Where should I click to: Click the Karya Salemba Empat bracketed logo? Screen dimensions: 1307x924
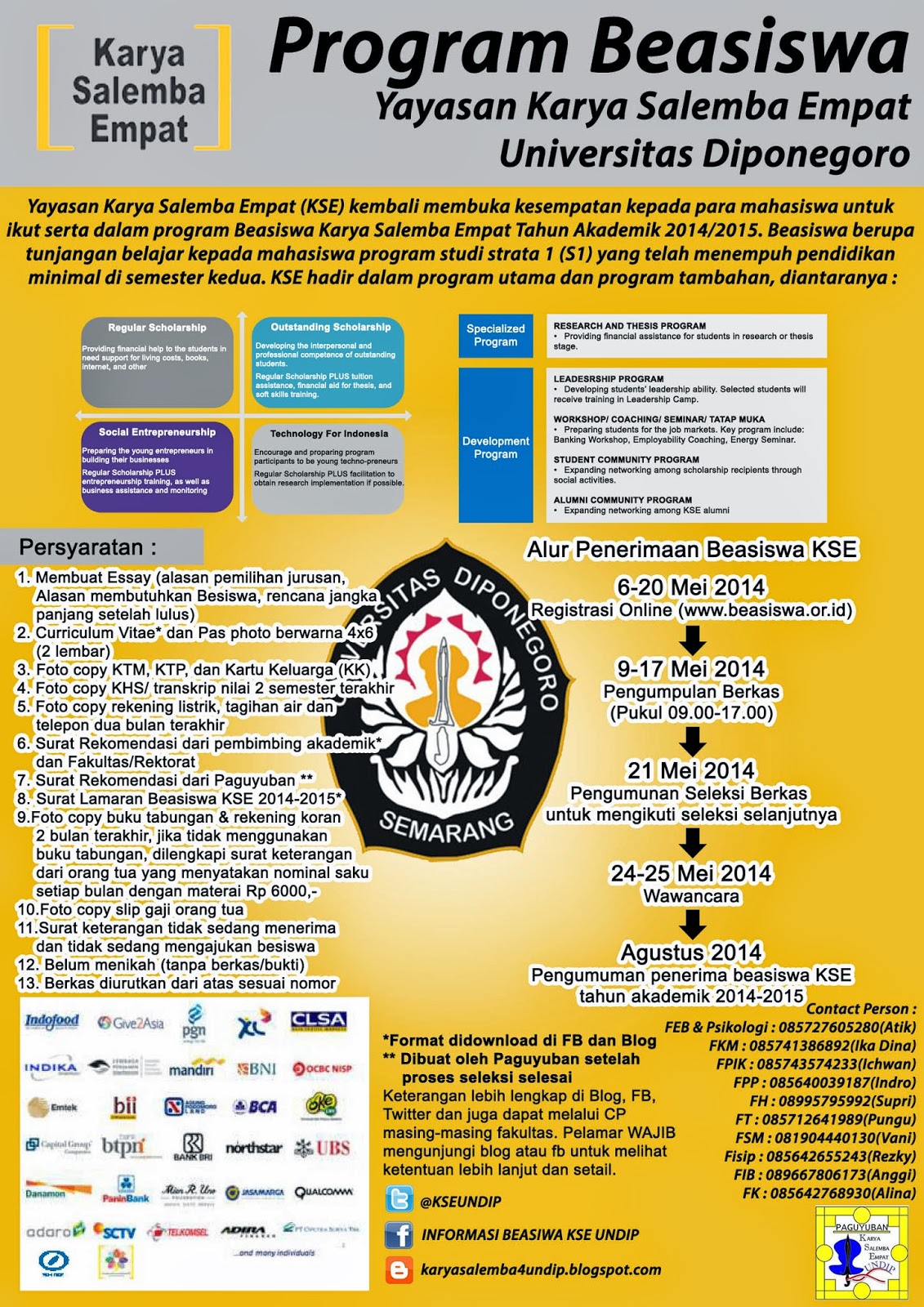point(134,87)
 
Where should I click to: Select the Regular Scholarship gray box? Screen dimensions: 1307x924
point(157,362)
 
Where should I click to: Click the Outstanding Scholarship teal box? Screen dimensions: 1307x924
point(328,362)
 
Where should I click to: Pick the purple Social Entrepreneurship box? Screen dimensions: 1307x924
point(157,466)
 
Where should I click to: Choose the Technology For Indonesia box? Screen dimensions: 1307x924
point(328,466)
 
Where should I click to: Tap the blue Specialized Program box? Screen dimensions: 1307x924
point(496,336)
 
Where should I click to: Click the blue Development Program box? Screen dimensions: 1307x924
point(496,446)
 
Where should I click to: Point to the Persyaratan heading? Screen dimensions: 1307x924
point(87,546)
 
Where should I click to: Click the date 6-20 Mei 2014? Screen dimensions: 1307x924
point(691,587)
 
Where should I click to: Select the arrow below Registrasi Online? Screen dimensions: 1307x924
point(693,640)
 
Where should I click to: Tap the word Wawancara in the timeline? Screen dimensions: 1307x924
point(691,896)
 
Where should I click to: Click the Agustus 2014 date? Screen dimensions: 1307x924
point(691,952)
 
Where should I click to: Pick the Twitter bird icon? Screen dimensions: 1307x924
point(399,1200)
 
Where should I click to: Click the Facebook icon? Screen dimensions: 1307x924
point(399,1234)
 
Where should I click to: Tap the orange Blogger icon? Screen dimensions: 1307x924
point(399,1269)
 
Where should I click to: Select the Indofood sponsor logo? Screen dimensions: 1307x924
point(52,1021)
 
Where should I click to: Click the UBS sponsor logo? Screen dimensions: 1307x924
point(324,1148)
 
